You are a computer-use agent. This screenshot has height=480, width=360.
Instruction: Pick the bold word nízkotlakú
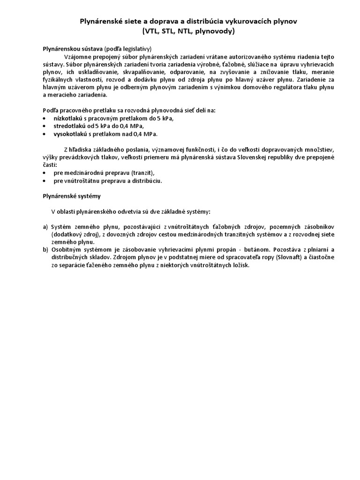point(69,118)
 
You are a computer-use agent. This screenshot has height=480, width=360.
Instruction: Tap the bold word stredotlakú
point(70,126)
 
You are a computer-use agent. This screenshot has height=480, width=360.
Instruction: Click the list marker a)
point(45,227)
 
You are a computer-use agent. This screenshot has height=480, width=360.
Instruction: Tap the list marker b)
point(45,250)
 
